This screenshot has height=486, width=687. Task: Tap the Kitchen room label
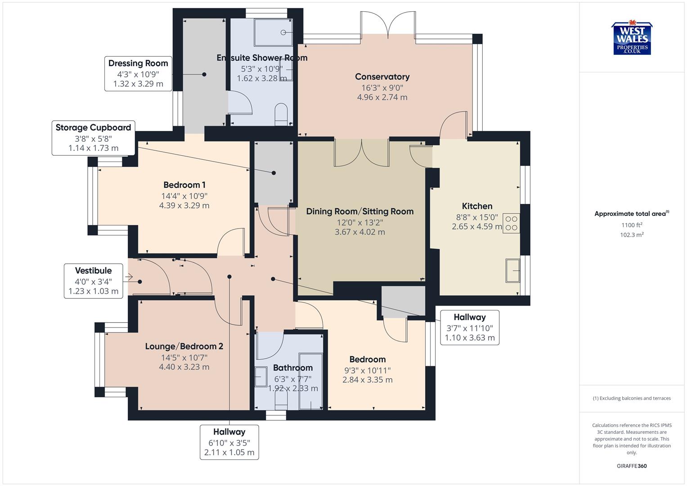click(x=477, y=206)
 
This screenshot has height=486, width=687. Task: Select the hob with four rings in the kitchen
click(x=512, y=223)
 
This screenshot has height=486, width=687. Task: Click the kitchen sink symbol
click(x=513, y=270)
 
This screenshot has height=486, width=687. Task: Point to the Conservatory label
click(x=382, y=76)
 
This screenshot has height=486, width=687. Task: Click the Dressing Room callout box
click(x=138, y=73)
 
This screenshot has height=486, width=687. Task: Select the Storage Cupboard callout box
click(x=94, y=138)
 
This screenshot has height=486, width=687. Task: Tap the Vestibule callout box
click(x=94, y=281)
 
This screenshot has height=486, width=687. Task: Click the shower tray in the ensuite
click(x=274, y=32)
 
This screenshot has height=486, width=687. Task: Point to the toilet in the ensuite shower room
click(x=281, y=114)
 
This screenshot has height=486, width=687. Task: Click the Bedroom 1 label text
click(x=184, y=185)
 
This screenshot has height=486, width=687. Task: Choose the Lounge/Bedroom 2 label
click(x=184, y=346)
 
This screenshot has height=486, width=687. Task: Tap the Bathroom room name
click(x=292, y=368)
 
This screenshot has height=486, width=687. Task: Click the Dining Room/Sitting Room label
click(x=359, y=211)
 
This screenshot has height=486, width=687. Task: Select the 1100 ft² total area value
click(x=632, y=225)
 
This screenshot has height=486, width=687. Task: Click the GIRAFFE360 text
click(x=632, y=466)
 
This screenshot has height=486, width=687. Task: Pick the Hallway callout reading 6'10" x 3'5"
click(x=229, y=442)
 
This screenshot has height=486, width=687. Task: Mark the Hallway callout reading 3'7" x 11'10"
click(x=470, y=327)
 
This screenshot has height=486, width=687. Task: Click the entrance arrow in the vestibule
click(x=129, y=277)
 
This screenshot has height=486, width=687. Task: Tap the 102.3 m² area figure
click(x=632, y=234)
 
